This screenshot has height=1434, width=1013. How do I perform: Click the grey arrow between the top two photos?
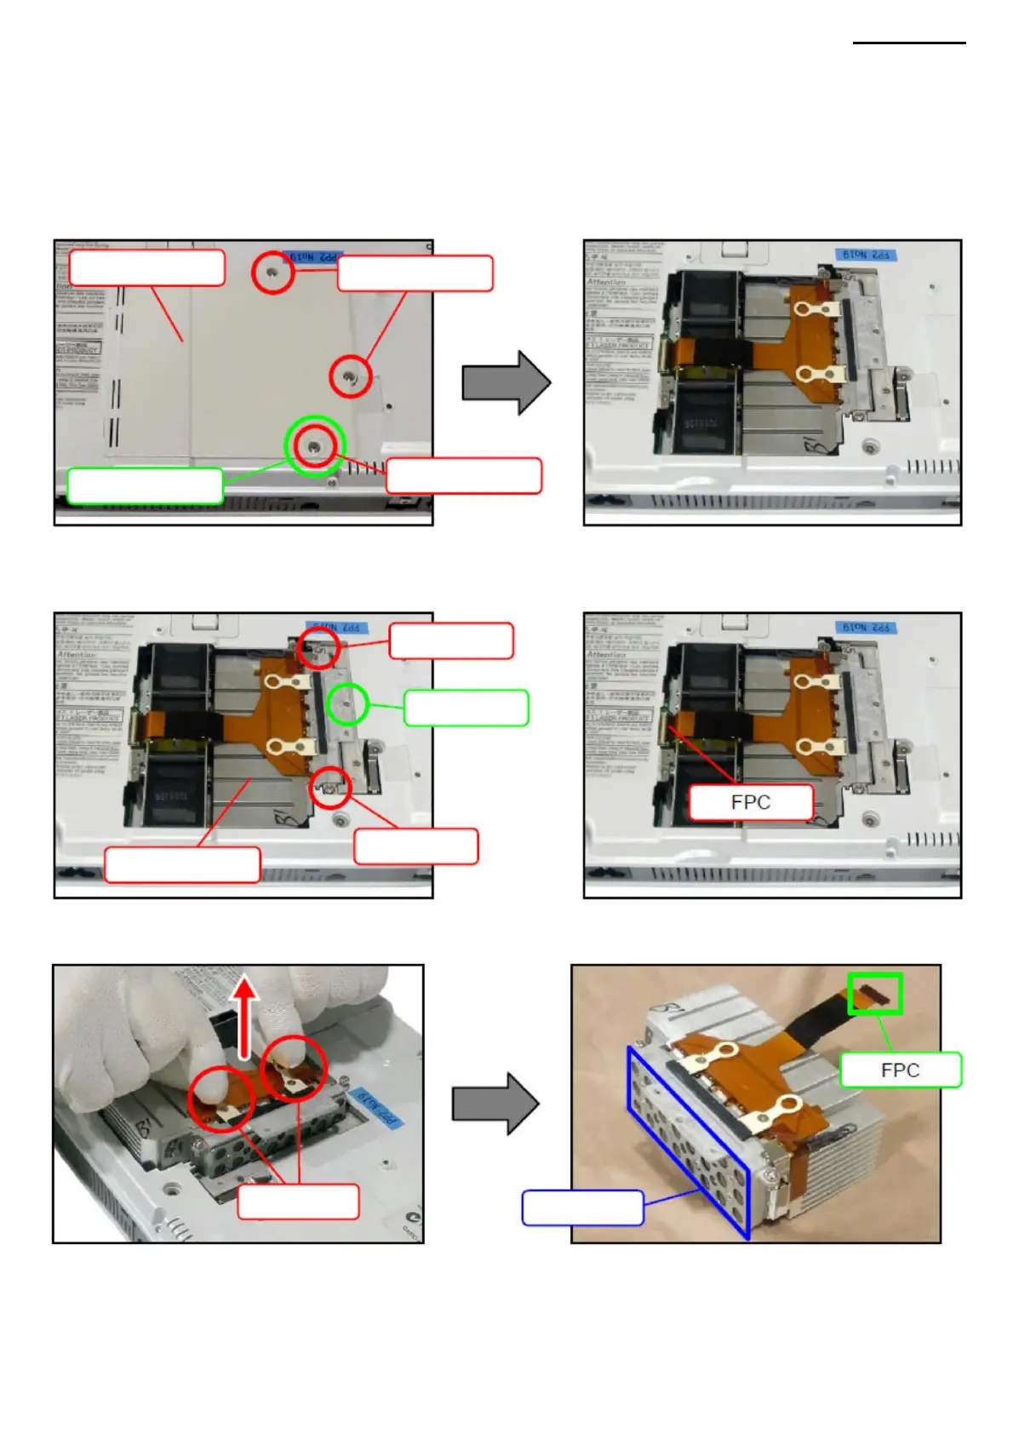click(x=506, y=383)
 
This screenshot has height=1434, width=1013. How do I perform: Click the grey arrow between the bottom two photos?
click(x=495, y=1104)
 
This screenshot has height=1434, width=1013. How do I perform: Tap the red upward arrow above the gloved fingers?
click(x=245, y=1017)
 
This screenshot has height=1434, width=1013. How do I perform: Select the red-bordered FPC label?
click(x=750, y=802)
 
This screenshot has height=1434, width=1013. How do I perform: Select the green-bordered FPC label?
click(x=900, y=1070)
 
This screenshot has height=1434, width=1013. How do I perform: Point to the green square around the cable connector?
click(x=874, y=993)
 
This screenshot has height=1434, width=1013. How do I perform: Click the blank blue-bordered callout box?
click(x=582, y=1207)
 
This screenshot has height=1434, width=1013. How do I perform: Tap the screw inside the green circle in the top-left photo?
click(x=315, y=445)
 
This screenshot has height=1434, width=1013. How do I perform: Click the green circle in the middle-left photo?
click(x=347, y=704)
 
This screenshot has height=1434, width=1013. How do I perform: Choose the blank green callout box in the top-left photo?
click(x=145, y=485)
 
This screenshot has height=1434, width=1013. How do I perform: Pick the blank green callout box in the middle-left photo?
click(x=466, y=708)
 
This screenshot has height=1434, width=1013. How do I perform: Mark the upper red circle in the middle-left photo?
click(x=319, y=648)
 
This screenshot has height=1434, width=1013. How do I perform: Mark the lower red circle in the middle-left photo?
click(x=330, y=789)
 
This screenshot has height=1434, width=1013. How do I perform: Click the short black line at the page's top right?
click(x=908, y=43)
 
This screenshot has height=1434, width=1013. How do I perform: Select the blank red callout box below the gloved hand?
click(x=298, y=1202)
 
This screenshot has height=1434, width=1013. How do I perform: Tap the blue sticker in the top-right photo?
click(x=866, y=255)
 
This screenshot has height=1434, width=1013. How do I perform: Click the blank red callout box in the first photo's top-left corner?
click(x=146, y=267)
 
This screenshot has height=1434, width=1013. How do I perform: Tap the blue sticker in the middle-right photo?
click(x=866, y=628)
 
